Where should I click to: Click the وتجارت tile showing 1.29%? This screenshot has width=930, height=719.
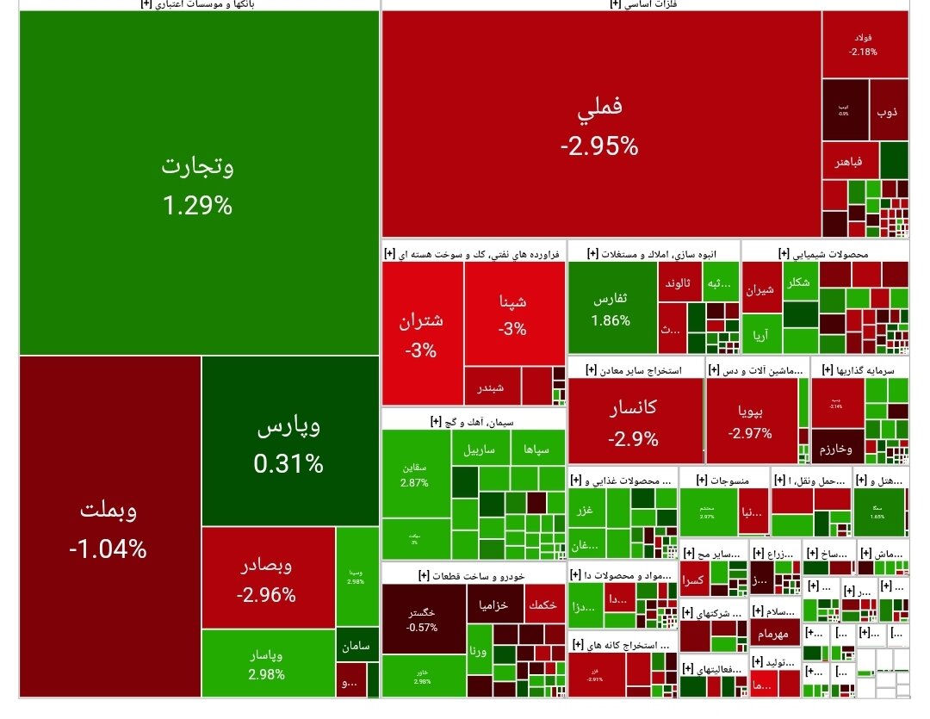[x=198, y=185]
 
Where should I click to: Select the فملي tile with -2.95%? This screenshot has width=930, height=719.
[x=600, y=125]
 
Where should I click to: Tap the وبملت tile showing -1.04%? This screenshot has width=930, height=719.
[x=109, y=527]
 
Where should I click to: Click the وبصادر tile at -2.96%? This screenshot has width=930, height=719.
[x=267, y=579]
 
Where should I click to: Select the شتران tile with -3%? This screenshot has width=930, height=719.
[x=422, y=334]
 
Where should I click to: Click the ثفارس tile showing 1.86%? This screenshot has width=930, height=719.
[x=611, y=308]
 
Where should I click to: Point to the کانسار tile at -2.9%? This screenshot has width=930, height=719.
[x=634, y=422]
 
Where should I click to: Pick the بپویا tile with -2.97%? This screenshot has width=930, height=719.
[x=750, y=420]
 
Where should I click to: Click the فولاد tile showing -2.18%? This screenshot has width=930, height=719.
[x=863, y=45]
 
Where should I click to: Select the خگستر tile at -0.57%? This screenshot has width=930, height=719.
[x=422, y=618]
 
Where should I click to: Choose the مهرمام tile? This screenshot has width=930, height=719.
[x=773, y=635]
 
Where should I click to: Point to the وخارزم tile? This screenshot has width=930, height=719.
[x=837, y=449]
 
